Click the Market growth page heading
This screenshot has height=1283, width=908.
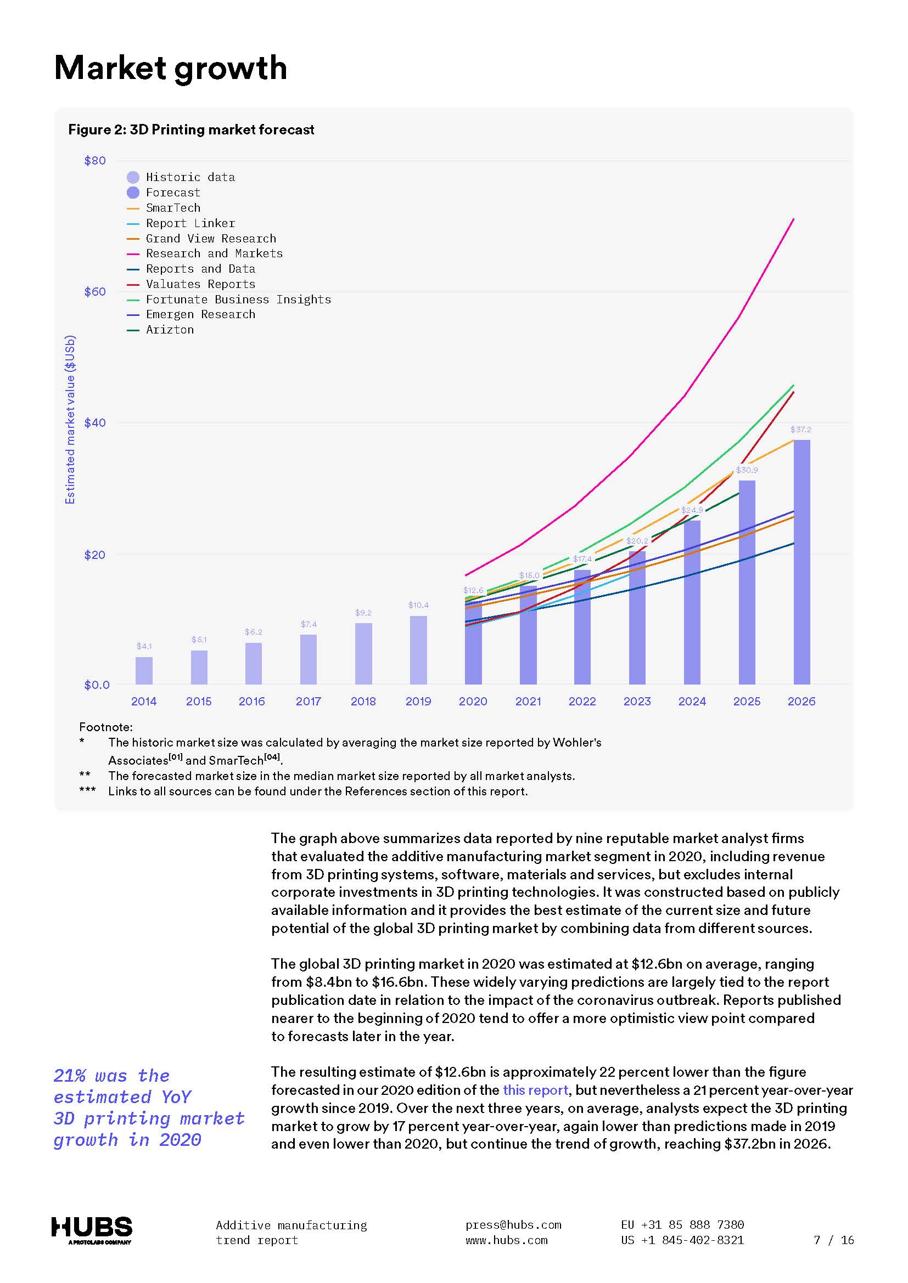pyautogui.click(x=171, y=68)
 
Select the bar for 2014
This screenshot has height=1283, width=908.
pyautogui.click(x=144, y=670)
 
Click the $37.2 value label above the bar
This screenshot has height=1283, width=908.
pyautogui.click(x=800, y=429)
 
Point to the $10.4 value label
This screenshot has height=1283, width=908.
pyautogui.click(x=418, y=605)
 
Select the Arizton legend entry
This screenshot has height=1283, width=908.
pyautogui.click(x=170, y=330)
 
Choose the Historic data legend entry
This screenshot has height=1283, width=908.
pyautogui.click(x=189, y=177)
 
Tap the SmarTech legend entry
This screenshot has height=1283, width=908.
pyautogui.click(x=173, y=208)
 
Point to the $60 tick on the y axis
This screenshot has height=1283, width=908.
pyautogui.click(x=94, y=292)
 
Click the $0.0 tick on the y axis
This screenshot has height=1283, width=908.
pyautogui.click(x=96, y=685)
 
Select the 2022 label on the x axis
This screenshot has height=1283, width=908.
pyautogui.click(x=582, y=702)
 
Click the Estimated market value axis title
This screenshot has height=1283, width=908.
pyautogui.click(x=70, y=419)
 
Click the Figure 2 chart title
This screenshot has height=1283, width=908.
pyautogui.click(x=191, y=129)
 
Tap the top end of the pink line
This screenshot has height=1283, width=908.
pyautogui.click(x=793, y=219)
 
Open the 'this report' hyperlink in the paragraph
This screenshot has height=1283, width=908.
pyautogui.click(x=535, y=1090)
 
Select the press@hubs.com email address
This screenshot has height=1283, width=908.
pyautogui.click(x=513, y=1225)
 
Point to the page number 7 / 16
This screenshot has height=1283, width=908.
pyautogui.click(x=834, y=1240)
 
